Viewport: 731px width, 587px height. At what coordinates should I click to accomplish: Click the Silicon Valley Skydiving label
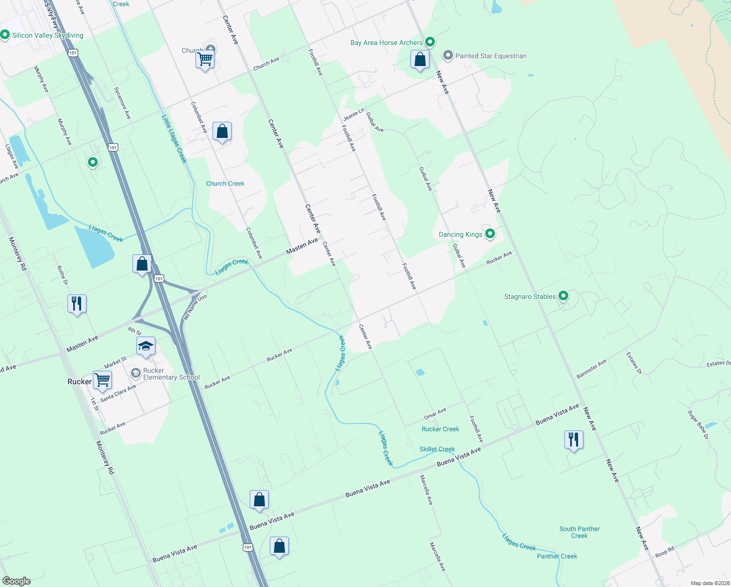coord(47,35)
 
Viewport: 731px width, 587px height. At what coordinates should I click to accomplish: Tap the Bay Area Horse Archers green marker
coord(430,42)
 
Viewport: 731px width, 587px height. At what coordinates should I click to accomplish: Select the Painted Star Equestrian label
coord(491,56)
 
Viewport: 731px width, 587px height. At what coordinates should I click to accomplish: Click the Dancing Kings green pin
coord(490,233)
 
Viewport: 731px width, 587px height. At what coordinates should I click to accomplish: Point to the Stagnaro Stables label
coord(530,296)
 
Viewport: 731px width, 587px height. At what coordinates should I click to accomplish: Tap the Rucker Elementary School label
coord(171,374)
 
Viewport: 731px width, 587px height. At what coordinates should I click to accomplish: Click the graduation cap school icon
coord(146,346)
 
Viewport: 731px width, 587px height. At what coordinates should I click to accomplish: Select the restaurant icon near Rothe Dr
coord(77,303)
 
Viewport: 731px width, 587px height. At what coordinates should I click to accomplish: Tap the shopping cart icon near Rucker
coord(103,379)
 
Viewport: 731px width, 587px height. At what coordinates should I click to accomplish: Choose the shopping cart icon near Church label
coord(205,59)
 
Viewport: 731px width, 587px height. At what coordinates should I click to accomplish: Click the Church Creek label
coord(225,183)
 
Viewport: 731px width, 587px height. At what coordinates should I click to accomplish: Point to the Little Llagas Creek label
coord(174,138)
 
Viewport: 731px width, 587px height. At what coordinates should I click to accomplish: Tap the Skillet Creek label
coord(437,449)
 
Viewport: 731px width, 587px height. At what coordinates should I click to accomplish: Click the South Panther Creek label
coord(580,532)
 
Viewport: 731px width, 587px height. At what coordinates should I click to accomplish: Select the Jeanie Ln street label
coord(353,115)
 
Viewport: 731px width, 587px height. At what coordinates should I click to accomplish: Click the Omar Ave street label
coord(435,413)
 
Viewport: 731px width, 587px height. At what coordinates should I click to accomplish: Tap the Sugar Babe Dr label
coord(698,424)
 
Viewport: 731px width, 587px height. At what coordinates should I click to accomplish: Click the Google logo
coord(17,581)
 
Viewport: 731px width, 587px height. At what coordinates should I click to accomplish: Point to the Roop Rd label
coord(665,552)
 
